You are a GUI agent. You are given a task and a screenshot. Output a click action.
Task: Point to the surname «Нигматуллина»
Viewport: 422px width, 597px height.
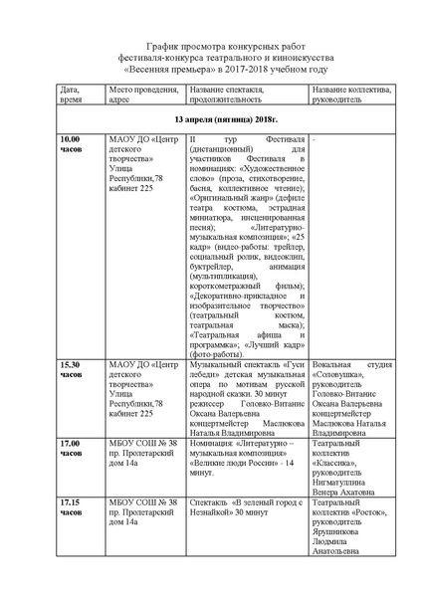342,486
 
